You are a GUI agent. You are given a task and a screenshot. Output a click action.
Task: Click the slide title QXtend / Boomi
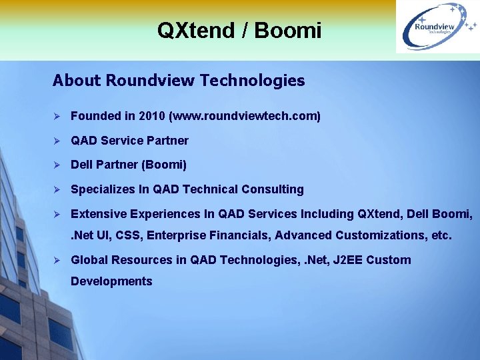point(239,30)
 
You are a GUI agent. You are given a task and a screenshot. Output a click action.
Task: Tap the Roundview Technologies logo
point(437,27)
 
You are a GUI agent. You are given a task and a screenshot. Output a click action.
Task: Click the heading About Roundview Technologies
point(179,81)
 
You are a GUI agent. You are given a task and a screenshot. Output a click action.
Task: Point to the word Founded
point(96,116)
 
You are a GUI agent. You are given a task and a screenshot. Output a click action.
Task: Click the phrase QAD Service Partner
point(129,141)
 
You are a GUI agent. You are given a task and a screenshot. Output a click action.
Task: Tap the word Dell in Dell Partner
point(82,165)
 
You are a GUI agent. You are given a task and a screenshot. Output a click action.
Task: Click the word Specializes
point(102,189)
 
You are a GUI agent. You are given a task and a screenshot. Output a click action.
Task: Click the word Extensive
point(97,214)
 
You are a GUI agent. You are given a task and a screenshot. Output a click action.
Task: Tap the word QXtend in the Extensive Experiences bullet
point(379,214)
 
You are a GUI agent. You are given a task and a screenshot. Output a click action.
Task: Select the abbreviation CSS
point(128,235)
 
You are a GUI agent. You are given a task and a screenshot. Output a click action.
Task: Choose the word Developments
point(111,281)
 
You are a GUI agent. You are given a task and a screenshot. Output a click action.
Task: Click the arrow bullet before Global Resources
point(57,260)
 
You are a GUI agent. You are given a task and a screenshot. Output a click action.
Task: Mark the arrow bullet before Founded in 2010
point(57,116)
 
